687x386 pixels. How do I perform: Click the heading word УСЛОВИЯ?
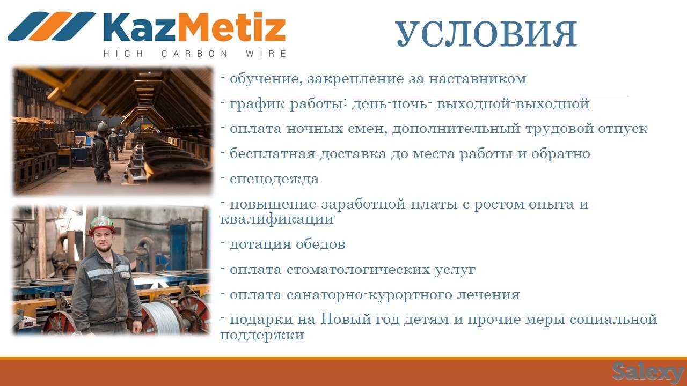pos(486,35)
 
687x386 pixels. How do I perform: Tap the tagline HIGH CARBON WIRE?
pos(194,54)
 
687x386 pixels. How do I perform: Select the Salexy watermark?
pos(647,371)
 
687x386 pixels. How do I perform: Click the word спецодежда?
pos(274,179)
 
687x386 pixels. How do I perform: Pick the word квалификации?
pos(277,219)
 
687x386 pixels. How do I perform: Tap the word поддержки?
pos(262,336)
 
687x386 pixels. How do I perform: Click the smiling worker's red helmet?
pos(102,224)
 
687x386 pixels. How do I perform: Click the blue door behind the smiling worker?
pos(179,247)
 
